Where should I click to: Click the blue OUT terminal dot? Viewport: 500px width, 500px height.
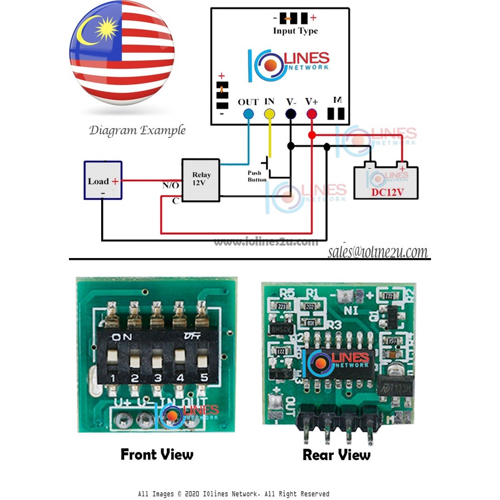pos(248,114)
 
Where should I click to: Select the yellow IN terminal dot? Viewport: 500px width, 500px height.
pos(269,114)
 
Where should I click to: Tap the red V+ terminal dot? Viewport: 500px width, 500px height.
pos(311,114)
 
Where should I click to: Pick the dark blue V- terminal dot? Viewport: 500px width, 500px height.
pos(290,114)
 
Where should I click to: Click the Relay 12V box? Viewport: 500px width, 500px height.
pos(201,179)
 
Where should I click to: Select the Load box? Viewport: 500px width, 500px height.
pos(102,180)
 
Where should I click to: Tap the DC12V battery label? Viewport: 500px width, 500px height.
pos(387,192)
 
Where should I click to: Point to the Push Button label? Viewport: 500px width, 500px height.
pos(257,176)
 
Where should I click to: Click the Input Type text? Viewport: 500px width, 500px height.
pos(295,31)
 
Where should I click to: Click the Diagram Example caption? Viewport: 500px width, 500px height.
pos(137,131)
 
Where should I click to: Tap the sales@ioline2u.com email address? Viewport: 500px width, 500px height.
pos(378,252)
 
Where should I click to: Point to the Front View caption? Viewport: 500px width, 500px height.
pos(157,454)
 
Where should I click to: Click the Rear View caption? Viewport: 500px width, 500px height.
pos(336,455)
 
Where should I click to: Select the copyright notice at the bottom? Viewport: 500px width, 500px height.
pos(234,494)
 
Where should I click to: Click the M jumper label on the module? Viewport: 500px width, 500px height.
pos(336,100)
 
